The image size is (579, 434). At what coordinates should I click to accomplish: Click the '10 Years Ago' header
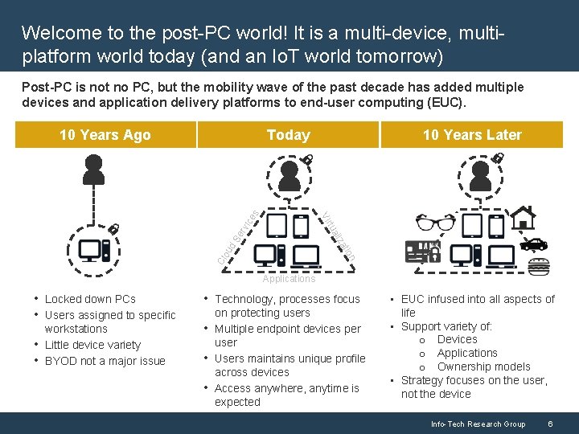click(105, 135)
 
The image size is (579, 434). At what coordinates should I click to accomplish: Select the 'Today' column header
click(288, 135)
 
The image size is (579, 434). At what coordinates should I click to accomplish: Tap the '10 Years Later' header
click(472, 135)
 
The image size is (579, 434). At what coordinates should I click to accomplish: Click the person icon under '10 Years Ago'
click(94, 168)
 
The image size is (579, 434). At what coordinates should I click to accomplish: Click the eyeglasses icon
click(436, 224)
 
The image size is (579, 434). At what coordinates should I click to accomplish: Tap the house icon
click(524, 217)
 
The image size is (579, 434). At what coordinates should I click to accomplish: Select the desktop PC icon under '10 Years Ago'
click(94, 251)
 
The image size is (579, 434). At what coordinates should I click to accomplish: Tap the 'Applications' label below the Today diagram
click(289, 279)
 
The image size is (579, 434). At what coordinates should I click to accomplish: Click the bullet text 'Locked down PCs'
click(90, 299)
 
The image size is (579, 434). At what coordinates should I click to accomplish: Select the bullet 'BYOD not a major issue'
click(105, 361)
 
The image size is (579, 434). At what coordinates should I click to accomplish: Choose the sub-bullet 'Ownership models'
click(483, 366)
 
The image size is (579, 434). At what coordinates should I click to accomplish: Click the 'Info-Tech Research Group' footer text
click(478, 424)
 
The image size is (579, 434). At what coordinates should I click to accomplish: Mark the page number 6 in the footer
click(549, 424)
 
